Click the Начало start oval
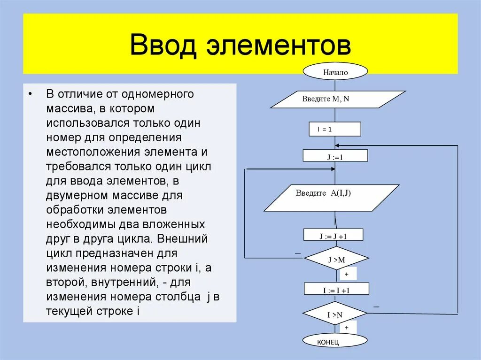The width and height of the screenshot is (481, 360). pyautogui.click(x=335, y=72)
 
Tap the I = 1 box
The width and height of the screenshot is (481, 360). pyautogui.click(x=335, y=129)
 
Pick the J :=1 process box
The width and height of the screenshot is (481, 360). pyautogui.click(x=335, y=157)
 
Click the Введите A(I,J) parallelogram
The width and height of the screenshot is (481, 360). pyautogui.click(x=332, y=198)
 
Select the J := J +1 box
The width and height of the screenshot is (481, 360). pyautogui.click(x=333, y=235)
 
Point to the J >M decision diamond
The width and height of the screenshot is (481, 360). pyautogui.click(x=336, y=259)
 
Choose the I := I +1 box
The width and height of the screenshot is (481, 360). pyautogui.click(x=336, y=289)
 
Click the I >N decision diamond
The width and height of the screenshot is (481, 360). pyautogui.click(x=334, y=314)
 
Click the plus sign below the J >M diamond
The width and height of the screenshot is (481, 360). pyautogui.click(x=347, y=274)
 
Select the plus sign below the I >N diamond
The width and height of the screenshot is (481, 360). pyautogui.click(x=347, y=327)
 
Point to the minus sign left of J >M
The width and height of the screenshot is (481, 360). pyautogui.click(x=297, y=253)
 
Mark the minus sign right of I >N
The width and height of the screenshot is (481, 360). pyautogui.click(x=376, y=306)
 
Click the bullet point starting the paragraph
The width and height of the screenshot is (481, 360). pyautogui.click(x=30, y=93)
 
